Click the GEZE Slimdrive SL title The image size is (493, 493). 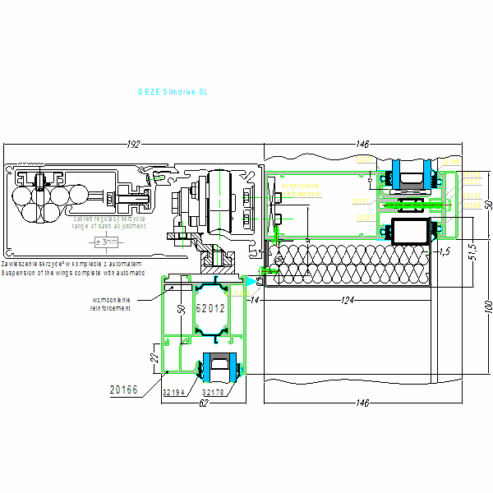click(x=173, y=93)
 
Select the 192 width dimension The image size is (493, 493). click(x=133, y=145)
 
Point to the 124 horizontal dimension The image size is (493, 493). click(x=348, y=302)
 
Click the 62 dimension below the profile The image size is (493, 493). click(x=203, y=403)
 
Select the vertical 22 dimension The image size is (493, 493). click(x=153, y=358)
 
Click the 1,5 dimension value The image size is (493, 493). click(x=445, y=251)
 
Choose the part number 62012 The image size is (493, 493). click(x=210, y=309)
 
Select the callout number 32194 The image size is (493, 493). click(x=174, y=393)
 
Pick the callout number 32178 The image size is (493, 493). click(x=214, y=393)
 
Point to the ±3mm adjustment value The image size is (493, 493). click(x=107, y=242)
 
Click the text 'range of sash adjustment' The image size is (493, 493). click(x=108, y=225)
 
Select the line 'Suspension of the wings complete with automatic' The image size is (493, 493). click(x=73, y=271)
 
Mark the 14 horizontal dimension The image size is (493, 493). click(x=256, y=302)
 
